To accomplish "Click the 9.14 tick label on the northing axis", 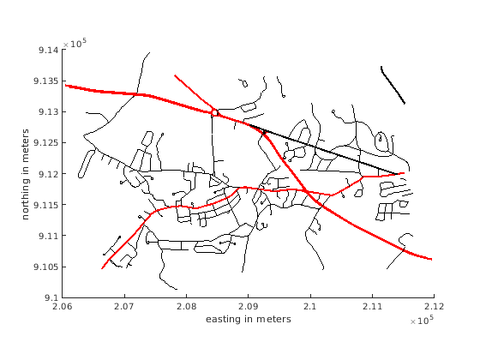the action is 48,50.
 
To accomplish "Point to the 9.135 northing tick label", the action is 46,81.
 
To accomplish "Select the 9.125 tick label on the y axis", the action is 46,142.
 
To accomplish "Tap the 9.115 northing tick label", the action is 46,205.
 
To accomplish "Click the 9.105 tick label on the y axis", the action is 46,267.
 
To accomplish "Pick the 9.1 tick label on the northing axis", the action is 51,297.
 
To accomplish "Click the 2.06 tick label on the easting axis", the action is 63,306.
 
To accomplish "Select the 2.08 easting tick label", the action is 187,306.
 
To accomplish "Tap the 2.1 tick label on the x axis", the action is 310,306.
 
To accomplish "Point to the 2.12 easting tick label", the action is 434,306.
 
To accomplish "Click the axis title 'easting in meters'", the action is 249,319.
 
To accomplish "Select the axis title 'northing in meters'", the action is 26,174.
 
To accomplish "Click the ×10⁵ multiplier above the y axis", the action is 75,43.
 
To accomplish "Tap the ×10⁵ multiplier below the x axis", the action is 422,320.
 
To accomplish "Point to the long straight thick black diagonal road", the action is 323,149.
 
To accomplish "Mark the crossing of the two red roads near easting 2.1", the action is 306,191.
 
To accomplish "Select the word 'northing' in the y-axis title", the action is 26,199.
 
